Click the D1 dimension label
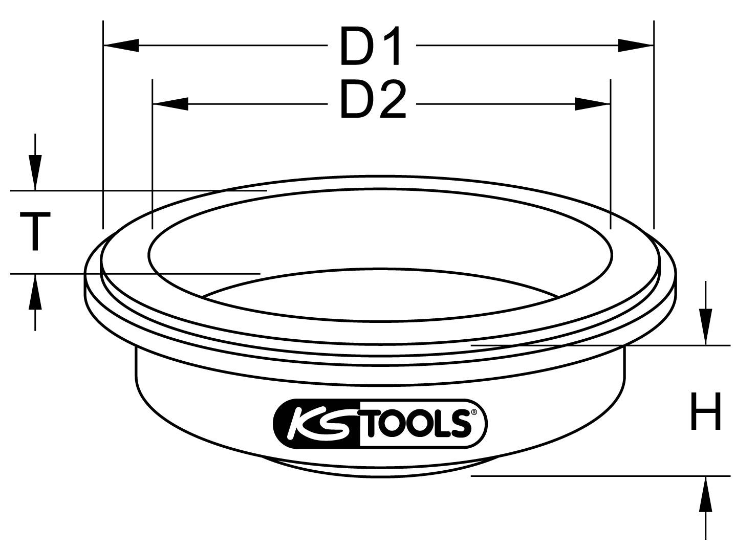click(x=372, y=47)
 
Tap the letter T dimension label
click(x=35, y=232)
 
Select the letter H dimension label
click(x=706, y=411)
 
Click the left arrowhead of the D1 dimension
click(x=121, y=46)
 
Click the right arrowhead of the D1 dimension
click(x=636, y=46)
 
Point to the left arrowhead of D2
click(x=170, y=104)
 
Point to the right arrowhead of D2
click(x=593, y=104)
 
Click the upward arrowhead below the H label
click(x=706, y=494)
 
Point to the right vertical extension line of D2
click(x=610, y=154)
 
